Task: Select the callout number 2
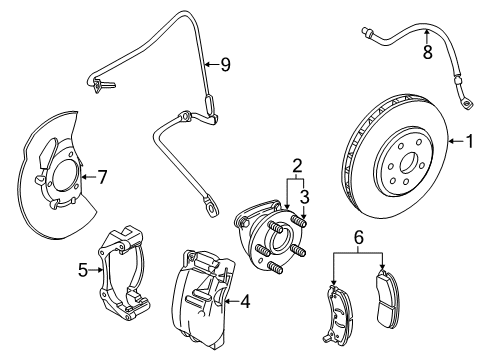(297, 165)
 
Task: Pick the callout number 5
(84, 268)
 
